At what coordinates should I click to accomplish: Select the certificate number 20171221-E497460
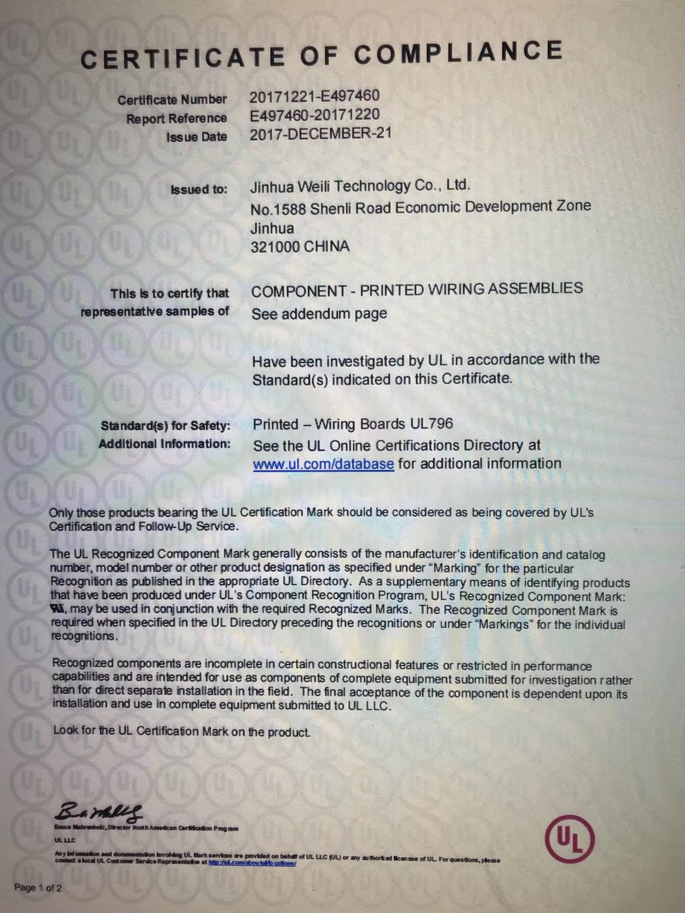pyautogui.click(x=314, y=96)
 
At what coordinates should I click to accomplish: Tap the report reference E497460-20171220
pyautogui.click(x=315, y=115)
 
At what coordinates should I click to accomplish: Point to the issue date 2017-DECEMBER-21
pyautogui.click(x=320, y=134)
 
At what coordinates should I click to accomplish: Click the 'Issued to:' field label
pyautogui.click(x=199, y=189)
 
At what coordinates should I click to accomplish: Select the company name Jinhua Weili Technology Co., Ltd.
pyautogui.click(x=360, y=186)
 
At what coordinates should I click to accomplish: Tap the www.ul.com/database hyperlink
pyautogui.click(x=323, y=464)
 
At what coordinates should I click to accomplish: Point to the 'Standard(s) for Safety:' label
pyautogui.click(x=165, y=425)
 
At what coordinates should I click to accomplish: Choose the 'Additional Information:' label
pyautogui.click(x=164, y=444)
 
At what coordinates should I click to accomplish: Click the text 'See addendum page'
pyautogui.click(x=319, y=314)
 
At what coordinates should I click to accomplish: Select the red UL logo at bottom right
pyautogui.click(x=570, y=839)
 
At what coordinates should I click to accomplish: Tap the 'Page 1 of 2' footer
pyautogui.click(x=38, y=888)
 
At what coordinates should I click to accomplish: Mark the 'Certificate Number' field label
pyautogui.click(x=171, y=100)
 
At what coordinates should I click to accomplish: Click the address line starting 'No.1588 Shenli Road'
pyautogui.click(x=420, y=207)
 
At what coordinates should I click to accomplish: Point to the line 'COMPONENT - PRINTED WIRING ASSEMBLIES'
pyautogui.click(x=417, y=290)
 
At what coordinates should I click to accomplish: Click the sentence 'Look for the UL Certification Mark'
pyautogui.click(x=181, y=731)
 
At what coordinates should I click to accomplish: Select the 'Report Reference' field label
pyautogui.click(x=176, y=119)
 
